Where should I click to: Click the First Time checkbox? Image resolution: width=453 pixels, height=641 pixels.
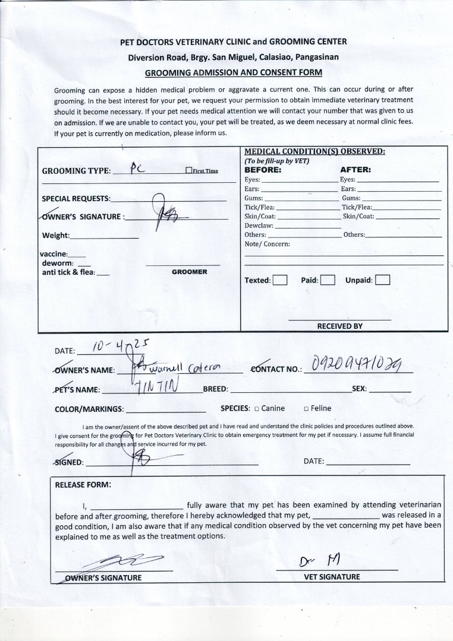(x=188, y=171)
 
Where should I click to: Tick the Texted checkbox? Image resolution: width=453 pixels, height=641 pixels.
(x=280, y=280)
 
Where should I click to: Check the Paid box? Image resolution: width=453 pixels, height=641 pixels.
(x=328, y=280)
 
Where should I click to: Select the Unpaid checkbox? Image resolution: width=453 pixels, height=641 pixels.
(x=383, y=280)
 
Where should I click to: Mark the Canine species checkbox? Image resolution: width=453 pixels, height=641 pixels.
(x=256, y=409)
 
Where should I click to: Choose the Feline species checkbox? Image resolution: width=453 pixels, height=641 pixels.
(x=306, y=409)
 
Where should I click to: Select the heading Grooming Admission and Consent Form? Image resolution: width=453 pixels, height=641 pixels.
(x=234, y=72)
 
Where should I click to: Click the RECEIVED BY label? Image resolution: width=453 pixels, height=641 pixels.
(x=339, y=326)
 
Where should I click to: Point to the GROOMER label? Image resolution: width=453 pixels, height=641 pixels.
(x=189, y=272)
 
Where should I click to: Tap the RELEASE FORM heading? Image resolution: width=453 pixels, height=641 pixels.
(x=83, y=484)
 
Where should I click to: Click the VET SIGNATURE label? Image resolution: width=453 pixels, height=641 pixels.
(x=332, y=577)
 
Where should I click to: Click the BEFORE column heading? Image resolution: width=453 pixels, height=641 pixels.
(x=263, y=169)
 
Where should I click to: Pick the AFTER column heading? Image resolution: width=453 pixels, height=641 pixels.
(x=356, y=169)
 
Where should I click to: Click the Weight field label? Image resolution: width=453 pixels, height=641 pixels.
(x=55, y=236)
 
